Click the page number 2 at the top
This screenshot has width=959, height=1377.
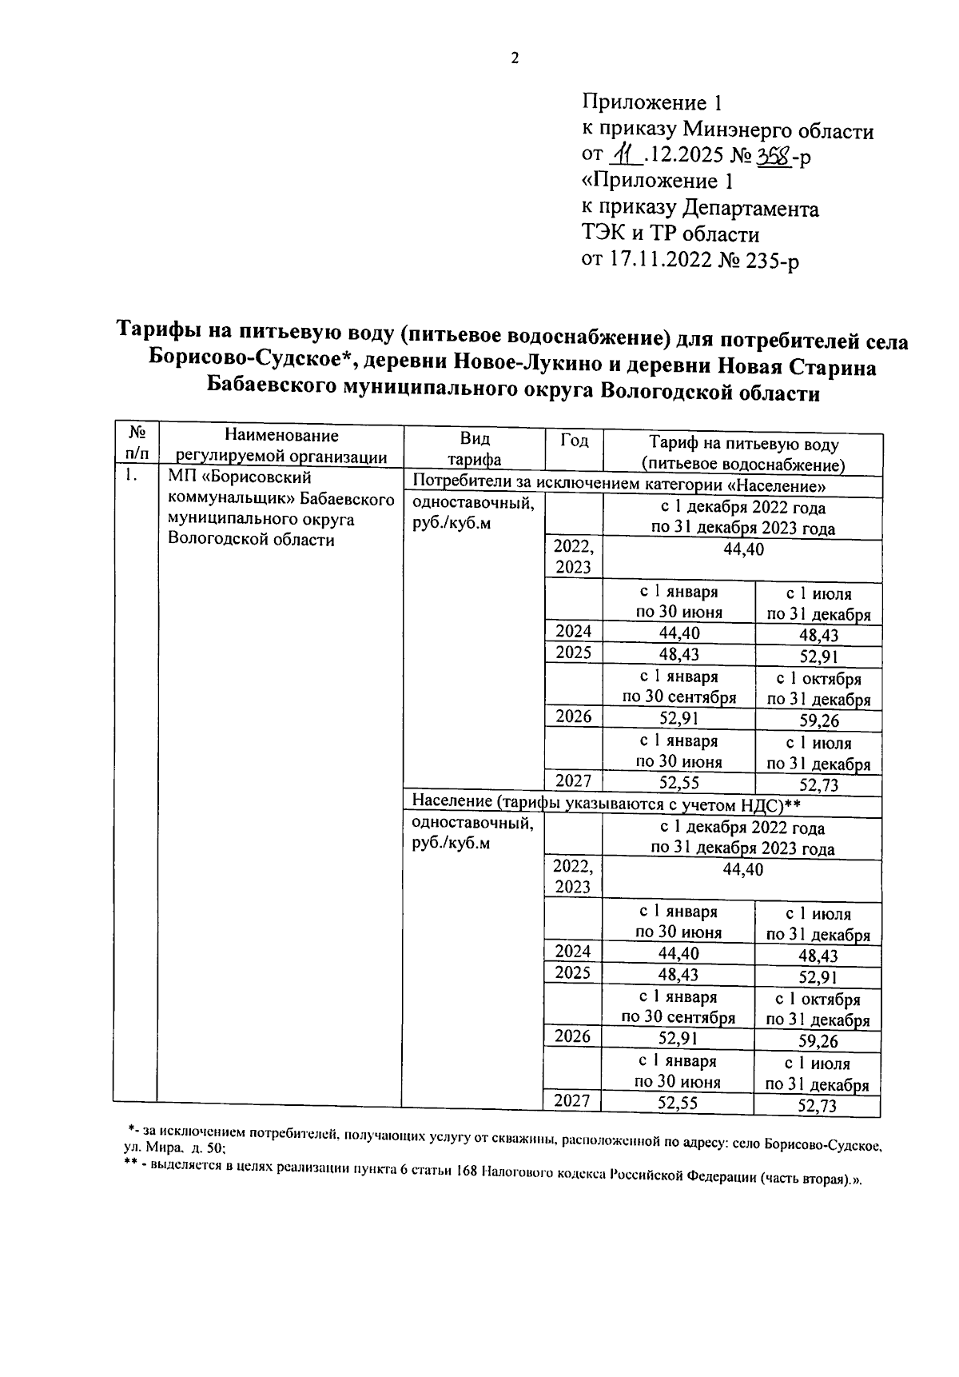(x=515, y=58)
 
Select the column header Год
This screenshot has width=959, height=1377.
(x=574, y=441)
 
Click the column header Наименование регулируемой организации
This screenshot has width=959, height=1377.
(x=281, y=446)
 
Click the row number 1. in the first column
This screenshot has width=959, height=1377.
(x=132, y=477)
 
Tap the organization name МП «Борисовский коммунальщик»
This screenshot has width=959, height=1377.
(x=240, y=489)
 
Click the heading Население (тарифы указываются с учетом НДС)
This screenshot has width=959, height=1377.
(x=606, y=803)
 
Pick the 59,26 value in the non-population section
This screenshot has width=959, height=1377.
(x=818, y=720)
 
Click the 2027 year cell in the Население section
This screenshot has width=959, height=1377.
(x=572, y=1100)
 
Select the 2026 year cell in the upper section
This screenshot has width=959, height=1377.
(x=573, y=716)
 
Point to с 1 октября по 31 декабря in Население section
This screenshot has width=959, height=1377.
(x=818, y=1009)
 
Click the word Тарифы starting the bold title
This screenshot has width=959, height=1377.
(x=154, y=329)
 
